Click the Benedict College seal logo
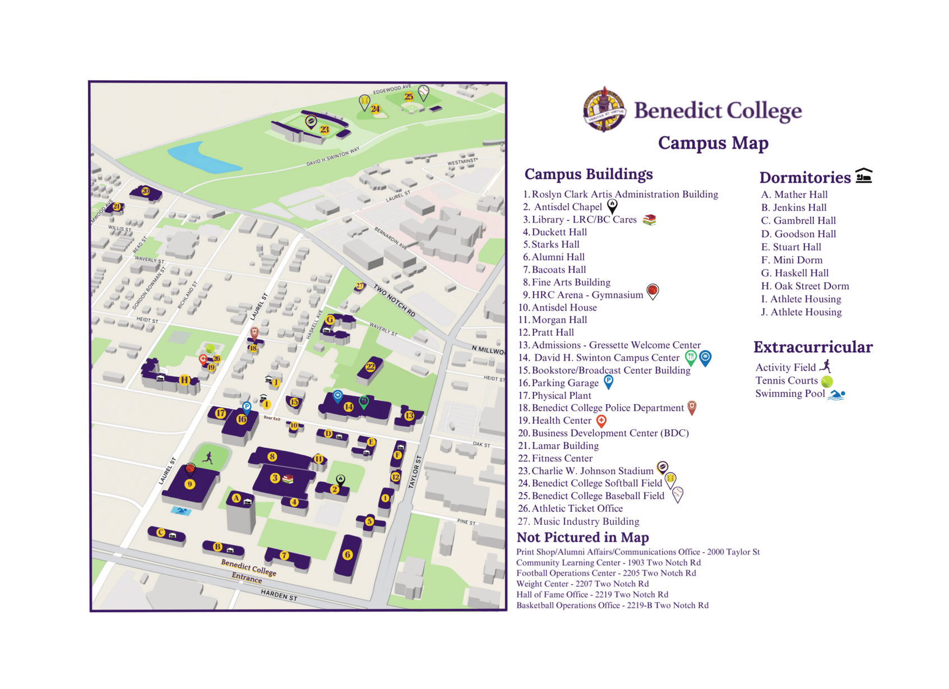click(604, 109)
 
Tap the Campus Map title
click(712, 143)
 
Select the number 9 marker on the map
click(190, 484)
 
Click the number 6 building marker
click(348, 554)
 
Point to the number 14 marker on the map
click(349, 406)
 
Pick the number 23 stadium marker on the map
click(325, 130)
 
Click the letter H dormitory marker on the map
click(183, 380)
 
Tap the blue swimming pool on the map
click(180, 511)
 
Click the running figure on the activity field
click(208, 457)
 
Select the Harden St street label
click(279, 595)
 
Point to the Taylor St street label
click(415, 471)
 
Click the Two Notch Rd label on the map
click(395, 301)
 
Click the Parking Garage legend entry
click(564, 383)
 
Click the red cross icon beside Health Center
click(601, 420)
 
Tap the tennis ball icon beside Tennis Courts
click(827, 382)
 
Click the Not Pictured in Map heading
click(582, 538)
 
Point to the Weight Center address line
click(582, 584)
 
